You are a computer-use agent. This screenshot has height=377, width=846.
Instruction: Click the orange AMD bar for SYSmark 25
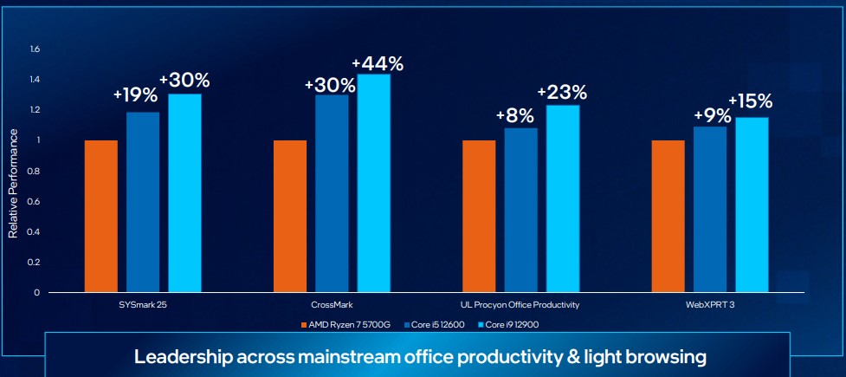pyautogui.click(x=101, y=216)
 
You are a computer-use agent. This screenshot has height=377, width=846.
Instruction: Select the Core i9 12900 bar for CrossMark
pyautogui.click(x=374, y=183)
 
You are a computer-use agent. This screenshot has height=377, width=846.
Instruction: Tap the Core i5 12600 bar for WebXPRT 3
pyautogui.click(x=710, y=209)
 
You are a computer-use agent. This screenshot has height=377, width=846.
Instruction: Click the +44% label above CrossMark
pyautogui.click(x=378, y=63)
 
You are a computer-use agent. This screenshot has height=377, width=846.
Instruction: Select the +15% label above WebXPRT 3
pyautogui.click(x=750, y=101)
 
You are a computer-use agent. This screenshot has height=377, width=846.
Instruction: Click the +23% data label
pyautogui.click(x=562, y=91)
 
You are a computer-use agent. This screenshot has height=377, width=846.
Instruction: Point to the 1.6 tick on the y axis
pyautogui.click(x=35, y=49)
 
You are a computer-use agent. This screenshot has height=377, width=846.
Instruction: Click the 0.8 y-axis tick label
pyautogui.click(x=35, y=171)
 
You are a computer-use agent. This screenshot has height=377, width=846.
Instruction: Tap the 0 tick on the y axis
pyautogui.click(x=37, y=293)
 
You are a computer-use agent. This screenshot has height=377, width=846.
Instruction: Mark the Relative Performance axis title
pyautogui.click(x=13, y=182)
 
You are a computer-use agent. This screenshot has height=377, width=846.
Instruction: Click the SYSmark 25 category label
pyautogui.click(x=143, y=305)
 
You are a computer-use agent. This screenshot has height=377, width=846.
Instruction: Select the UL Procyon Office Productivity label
pyautogui.click(x=520, y=305)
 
